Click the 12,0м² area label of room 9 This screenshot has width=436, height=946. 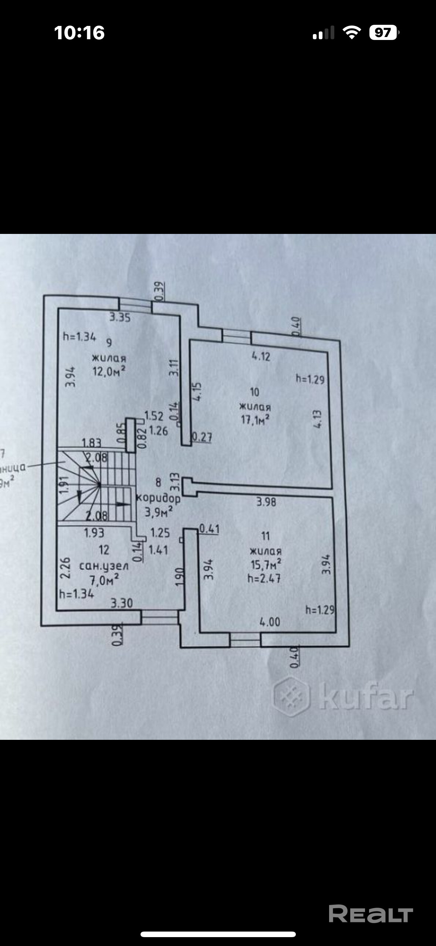pos(108,371)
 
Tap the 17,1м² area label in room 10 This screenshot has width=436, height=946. pos(254,420)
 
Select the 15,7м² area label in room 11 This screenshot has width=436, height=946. pos(266,564)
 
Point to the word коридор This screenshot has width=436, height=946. pos(158,498)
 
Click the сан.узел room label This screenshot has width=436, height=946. pos(104,566)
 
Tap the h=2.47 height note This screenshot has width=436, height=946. pos(264,578)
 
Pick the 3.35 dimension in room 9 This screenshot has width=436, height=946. pos(120,318)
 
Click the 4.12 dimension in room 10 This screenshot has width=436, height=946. pos(261,356)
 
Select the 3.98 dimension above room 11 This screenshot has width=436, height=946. pos(266,502)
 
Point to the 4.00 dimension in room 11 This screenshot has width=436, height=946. pos(270,621)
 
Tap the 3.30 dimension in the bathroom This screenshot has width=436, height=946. pos(122,603)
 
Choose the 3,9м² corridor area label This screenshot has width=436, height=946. pos(158,512)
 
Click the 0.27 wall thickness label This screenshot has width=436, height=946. pos(202,438)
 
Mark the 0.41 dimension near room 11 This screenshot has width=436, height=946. pos(209,529)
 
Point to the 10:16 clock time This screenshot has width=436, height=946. pos(80,33)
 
